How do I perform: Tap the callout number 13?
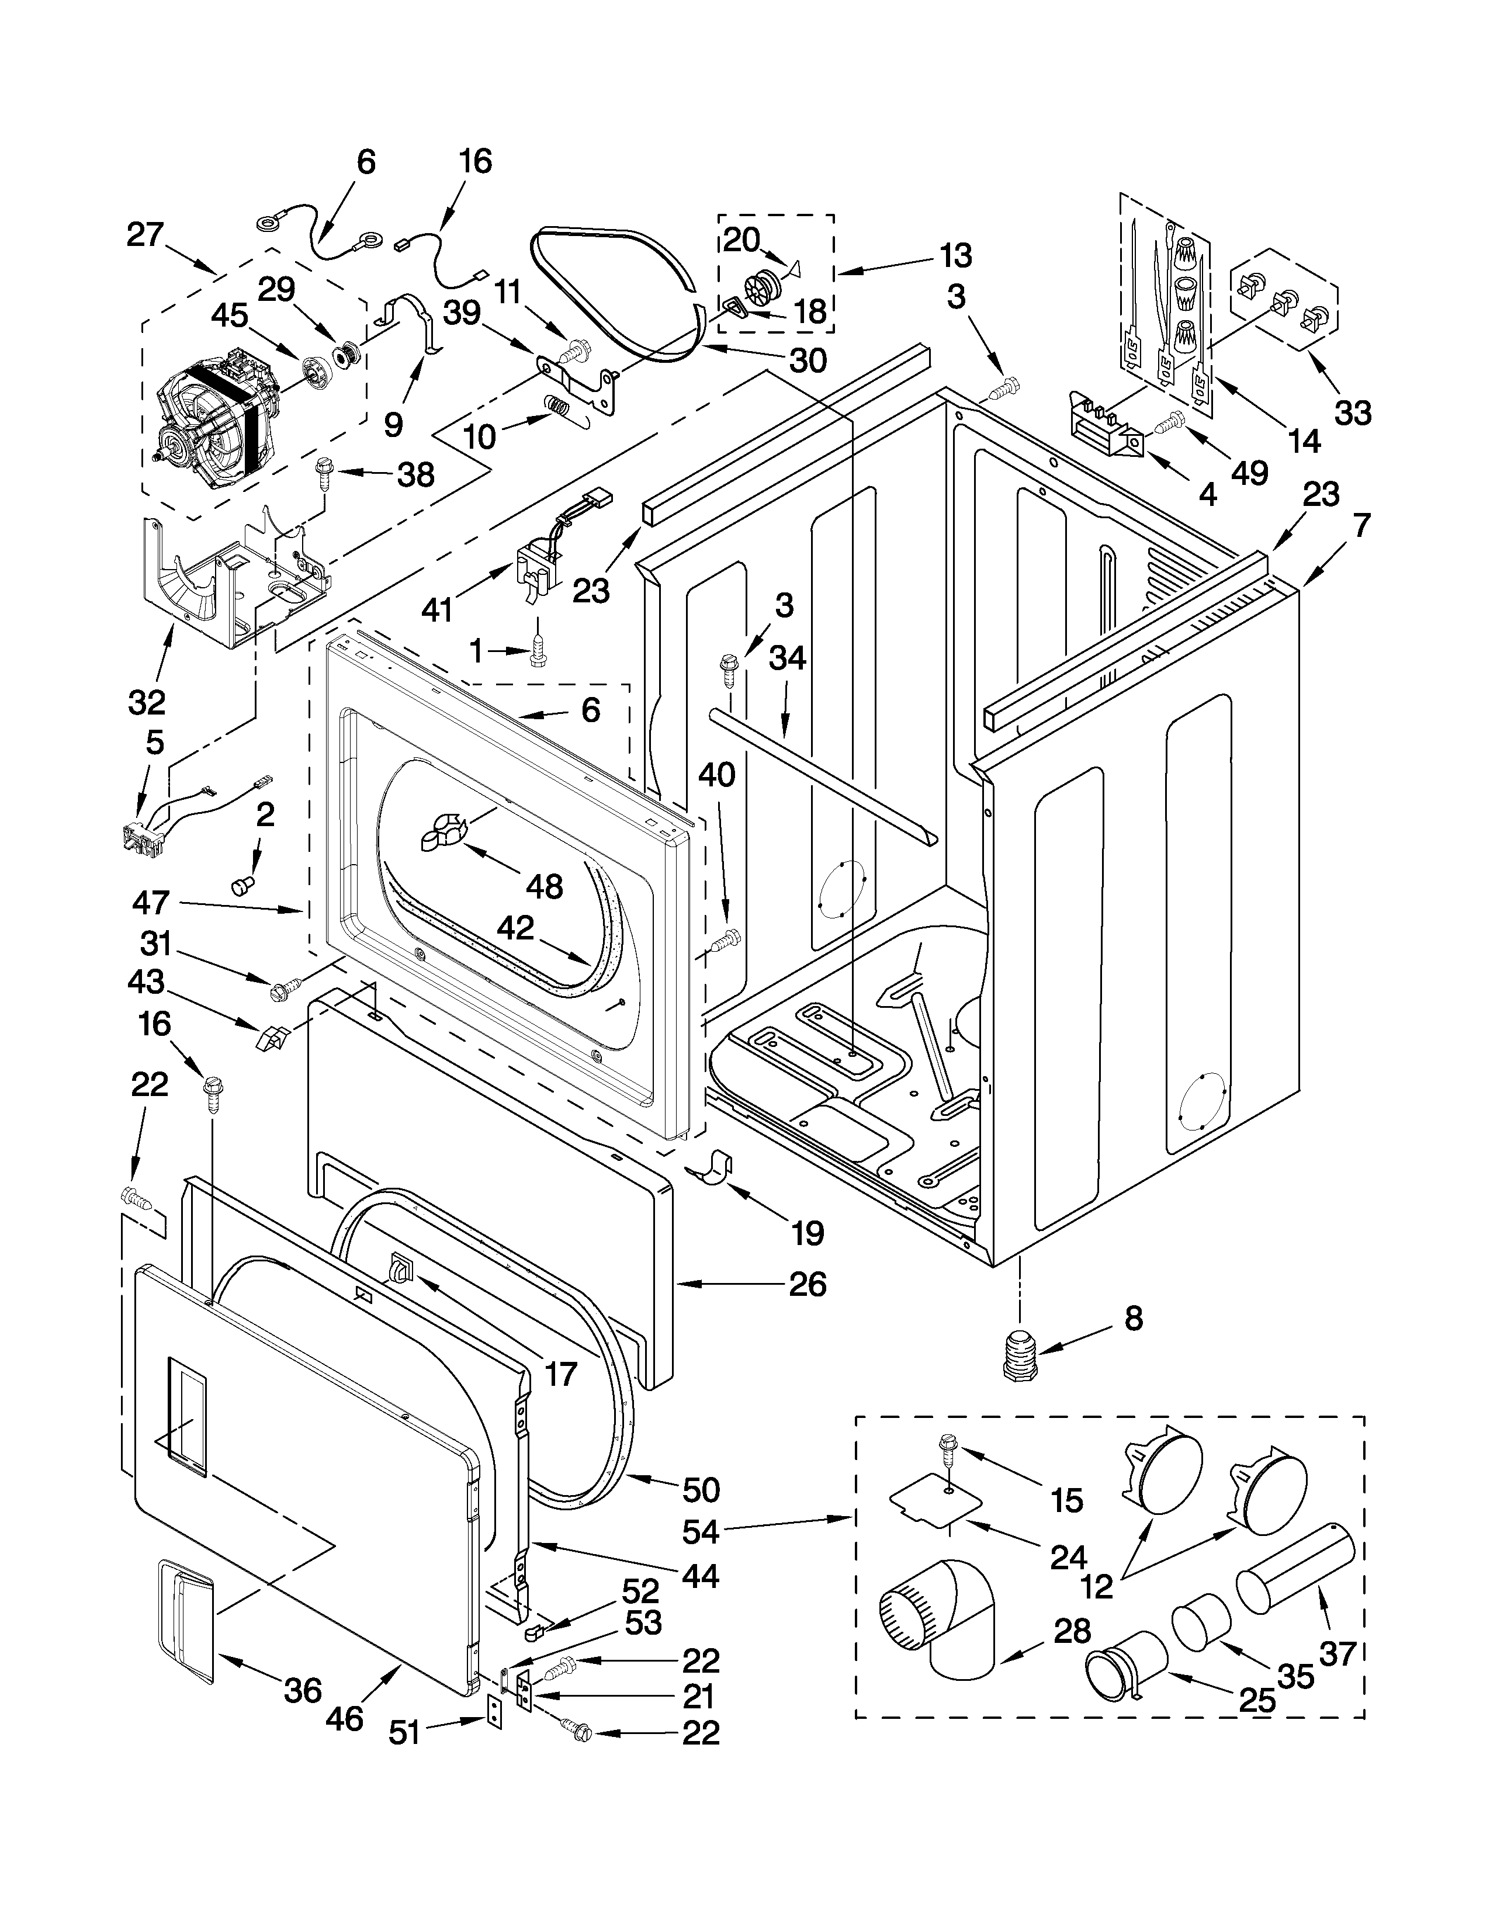point(955,255)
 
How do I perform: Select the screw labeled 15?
point(949,1446)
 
